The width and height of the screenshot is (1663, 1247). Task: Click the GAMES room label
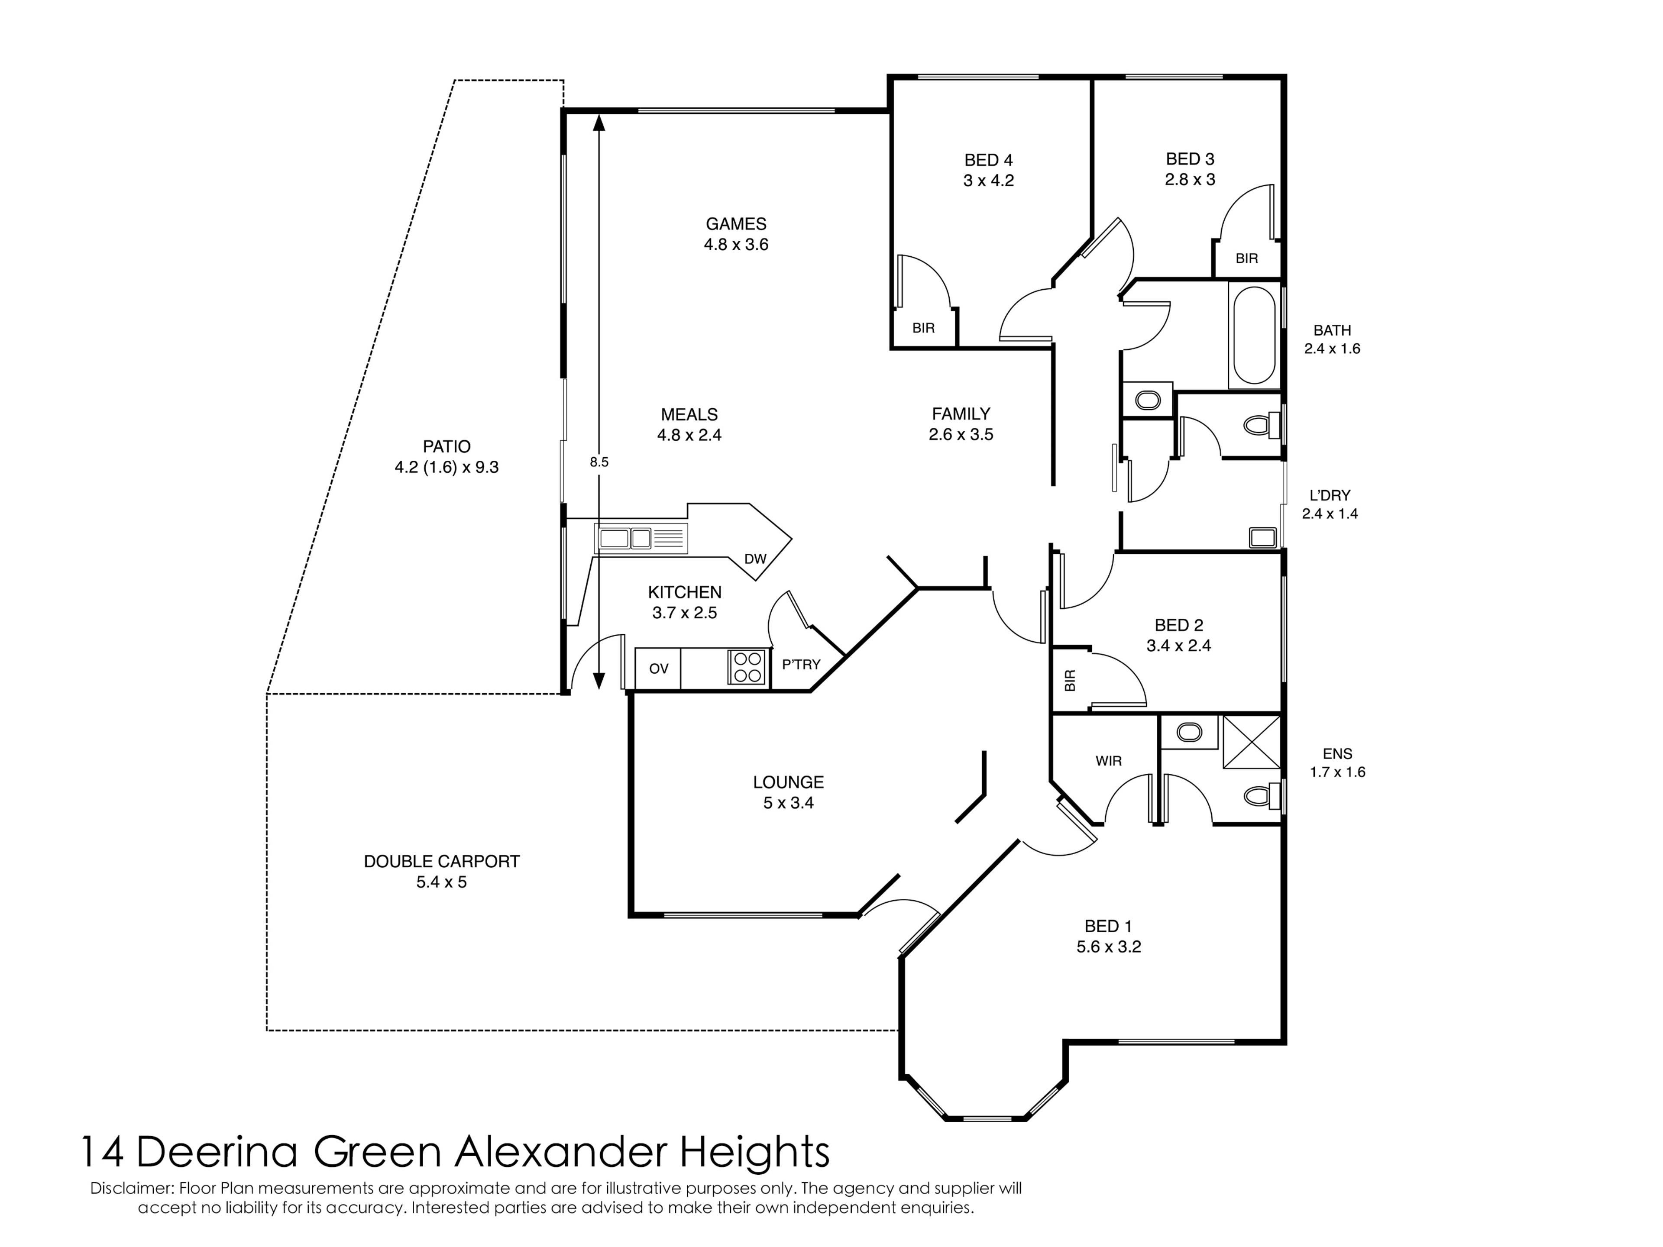pyautogui.click(x=736, y=224)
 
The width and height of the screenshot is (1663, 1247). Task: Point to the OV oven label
pyautogui.click(x=659, y=668)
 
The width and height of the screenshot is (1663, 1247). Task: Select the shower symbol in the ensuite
pyautogui.click(x=1252, y=742)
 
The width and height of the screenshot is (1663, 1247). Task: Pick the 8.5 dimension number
pyautogui.click(x=599, y=462)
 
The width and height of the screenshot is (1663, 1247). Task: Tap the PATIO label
pyautogui.click(x=446, y=446)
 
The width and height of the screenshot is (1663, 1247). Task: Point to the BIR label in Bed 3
pyautogui.click(x=1246, y=258)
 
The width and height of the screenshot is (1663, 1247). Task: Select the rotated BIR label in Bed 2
pyautogui.click(x=1071, y=680)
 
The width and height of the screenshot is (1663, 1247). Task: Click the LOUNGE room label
pyautogui.click(x=789, y=782)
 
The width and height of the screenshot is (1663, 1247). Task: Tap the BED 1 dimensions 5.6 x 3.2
pyautogui.click(x=1109, y=947)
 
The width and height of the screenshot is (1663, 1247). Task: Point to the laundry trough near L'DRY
pyautogui.click(x=1263, y=536)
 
